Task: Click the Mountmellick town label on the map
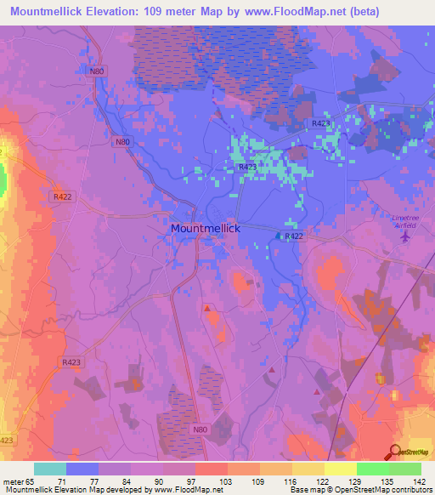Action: tap(206, 229)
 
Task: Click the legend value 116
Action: tap(274, 481)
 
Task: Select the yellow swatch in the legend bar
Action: tap(340, 469)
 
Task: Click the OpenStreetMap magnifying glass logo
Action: tap(395, 452)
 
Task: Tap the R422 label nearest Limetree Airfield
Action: tap(294, 236)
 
